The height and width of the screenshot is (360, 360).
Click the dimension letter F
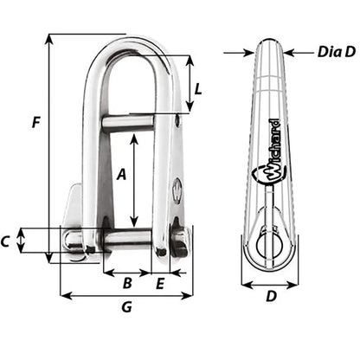[x=35, y=123]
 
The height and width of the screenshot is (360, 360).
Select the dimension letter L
[x=199, y=88]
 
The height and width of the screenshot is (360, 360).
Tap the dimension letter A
[x=121, y=174]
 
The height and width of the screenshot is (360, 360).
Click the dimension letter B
[x=125, y=282]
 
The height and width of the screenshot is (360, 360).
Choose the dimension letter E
[x=161, y=282]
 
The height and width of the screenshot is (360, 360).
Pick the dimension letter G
[x=126, y=307]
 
